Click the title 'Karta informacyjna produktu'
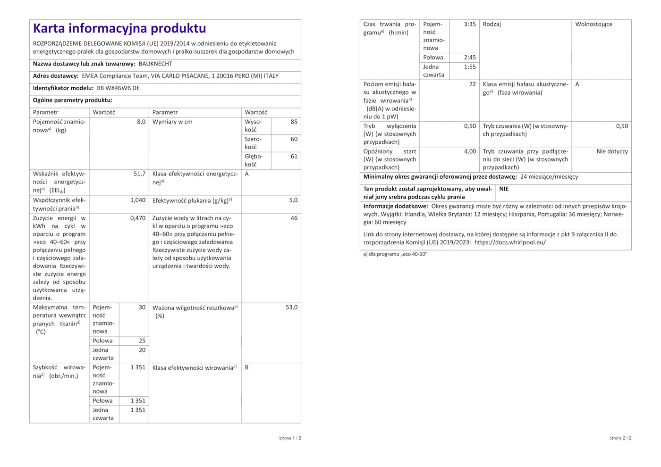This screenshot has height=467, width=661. tap(119, 28)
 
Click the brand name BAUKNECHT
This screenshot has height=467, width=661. tap(155, 64)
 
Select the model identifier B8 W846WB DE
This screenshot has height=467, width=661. tap(118, 88)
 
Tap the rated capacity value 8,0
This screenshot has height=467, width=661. tap(141, 122)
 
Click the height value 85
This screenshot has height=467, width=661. tap(294, 122)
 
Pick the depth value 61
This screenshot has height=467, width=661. tap(294, 157)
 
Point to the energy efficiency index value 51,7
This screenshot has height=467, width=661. tap(139, 174)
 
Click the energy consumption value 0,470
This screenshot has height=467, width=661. tap(138, 218)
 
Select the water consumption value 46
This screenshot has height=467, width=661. tap(294, 218)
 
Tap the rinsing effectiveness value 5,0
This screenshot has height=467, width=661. tap(293, 200)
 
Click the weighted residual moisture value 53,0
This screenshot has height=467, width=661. tap(291, 308)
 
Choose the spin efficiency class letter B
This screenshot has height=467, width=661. tap(246, 367)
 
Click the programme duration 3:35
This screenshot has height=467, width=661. tap(470, 24)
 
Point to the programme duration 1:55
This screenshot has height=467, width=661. tap(470, 67)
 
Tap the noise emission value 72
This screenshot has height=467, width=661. tap(472, 84)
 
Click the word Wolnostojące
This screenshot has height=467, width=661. tap(593, 24)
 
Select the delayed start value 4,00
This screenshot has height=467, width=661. tap(470, 151)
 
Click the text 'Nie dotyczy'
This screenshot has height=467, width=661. tap(612, 151)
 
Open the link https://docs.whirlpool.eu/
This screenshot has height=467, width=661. tap(510, 242)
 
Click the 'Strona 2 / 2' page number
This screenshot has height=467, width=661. tap(620, 438)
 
